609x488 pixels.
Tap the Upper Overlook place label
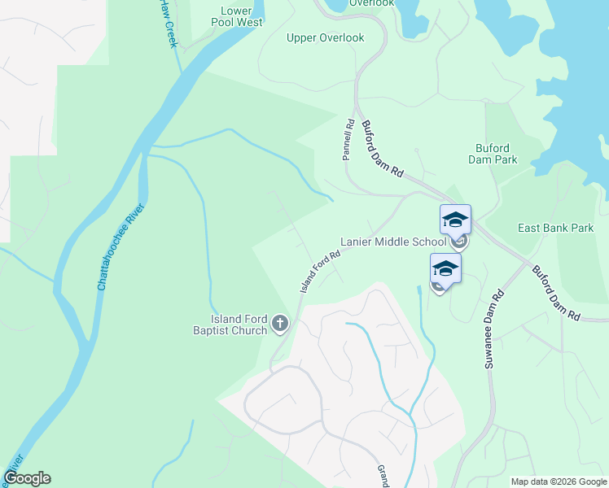[x=325, y=38]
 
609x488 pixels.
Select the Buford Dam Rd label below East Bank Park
[x=555, y=291]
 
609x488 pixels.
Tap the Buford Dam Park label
[x=493, y=154]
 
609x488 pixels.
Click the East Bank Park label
[x=556, y=229]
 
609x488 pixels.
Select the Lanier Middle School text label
[x=392, y=242]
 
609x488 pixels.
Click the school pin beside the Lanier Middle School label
[x=455, y=220]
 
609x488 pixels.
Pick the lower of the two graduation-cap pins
[x=445, y=268]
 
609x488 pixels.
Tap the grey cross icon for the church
[x=280, y=325]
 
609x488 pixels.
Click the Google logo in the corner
[x=27, y=478]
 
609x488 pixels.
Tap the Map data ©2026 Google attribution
[x=558, y=481]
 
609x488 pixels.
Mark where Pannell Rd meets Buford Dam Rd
[x=355, y=110]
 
